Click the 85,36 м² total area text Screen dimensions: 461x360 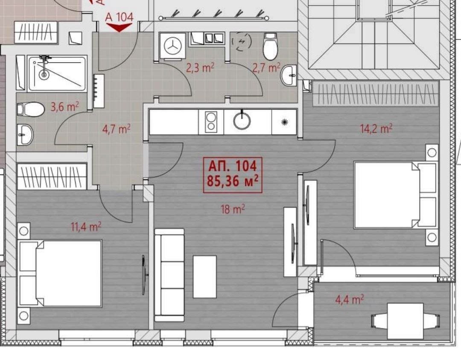point(233,181)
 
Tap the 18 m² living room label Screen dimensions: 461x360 point(233,209)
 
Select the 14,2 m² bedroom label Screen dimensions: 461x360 point(376,129)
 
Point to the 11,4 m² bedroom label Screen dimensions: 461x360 point(86,226)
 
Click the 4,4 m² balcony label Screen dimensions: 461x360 point(349,299)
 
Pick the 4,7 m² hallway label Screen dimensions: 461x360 point(116,129)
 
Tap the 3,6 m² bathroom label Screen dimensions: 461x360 point(65,106)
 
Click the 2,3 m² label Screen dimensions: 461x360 point(200,67)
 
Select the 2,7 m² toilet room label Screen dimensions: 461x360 point(266,67)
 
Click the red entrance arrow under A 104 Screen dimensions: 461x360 point(119,27)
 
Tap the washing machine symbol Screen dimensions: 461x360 point(172,46)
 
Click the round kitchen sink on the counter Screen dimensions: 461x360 point(242,120)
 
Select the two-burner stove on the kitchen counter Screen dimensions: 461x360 point(211,122)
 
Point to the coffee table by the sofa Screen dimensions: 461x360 point(204,277)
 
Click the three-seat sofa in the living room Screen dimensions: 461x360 point(169,275)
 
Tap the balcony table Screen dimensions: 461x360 point(405,321)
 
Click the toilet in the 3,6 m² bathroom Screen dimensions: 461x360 point(31,109)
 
